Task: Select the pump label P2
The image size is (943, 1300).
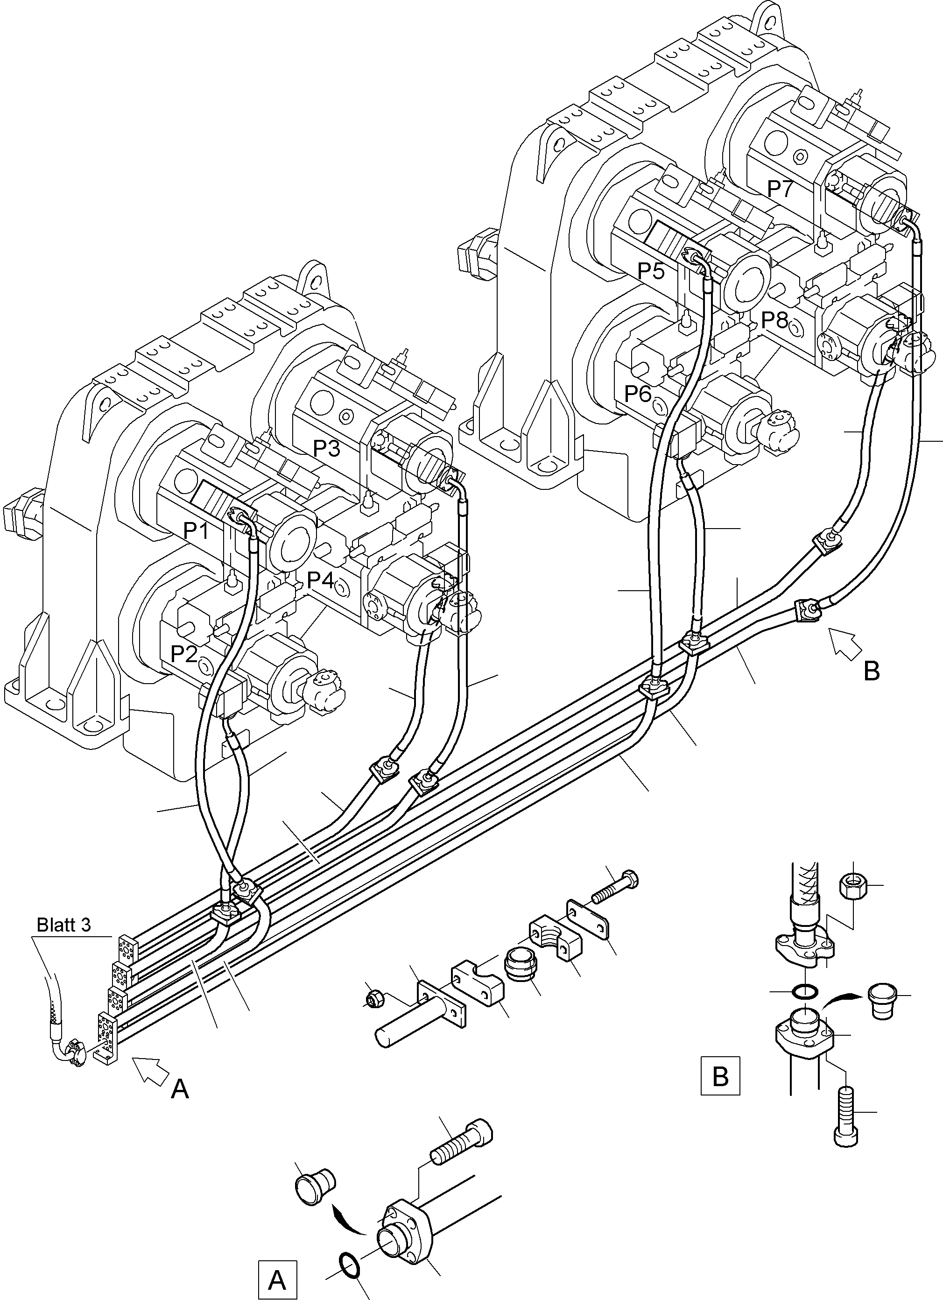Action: pos(184,653)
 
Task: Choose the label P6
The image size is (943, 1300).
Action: pos(638,393)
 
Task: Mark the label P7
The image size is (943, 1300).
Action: pos(780,188)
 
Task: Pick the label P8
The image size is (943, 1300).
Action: pos(774,319)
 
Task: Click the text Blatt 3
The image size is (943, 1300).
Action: pos(63,925)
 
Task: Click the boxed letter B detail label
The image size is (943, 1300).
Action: pos(720,1076)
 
